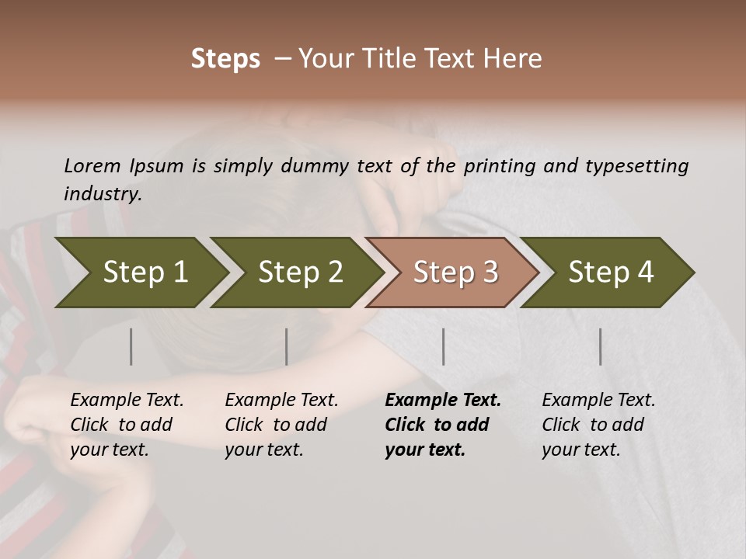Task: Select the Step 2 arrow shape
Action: (300, 272)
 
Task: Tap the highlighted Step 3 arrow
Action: (455, 272)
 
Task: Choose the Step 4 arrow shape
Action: (611, 272)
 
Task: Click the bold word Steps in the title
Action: (225, 59)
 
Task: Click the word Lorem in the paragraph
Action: (92, 165)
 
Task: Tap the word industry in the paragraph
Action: (102, 193)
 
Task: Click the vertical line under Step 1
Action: (131, 346)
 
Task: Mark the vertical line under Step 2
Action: (287, 346)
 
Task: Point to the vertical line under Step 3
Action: (443, 346)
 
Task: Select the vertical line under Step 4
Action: (600, 346)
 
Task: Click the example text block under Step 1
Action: (127, 425)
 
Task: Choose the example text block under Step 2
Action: (281, 425)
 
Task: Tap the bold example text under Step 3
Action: (443, 425)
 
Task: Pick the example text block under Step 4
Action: (598, 425)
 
